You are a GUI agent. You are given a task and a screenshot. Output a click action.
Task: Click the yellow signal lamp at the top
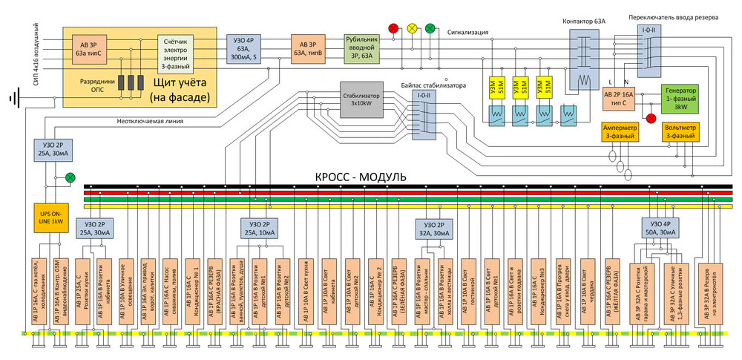coord(413,27)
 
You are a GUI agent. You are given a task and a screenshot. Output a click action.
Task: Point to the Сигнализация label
coord(468,32)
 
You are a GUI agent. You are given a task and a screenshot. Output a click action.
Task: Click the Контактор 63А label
coord(585,22)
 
